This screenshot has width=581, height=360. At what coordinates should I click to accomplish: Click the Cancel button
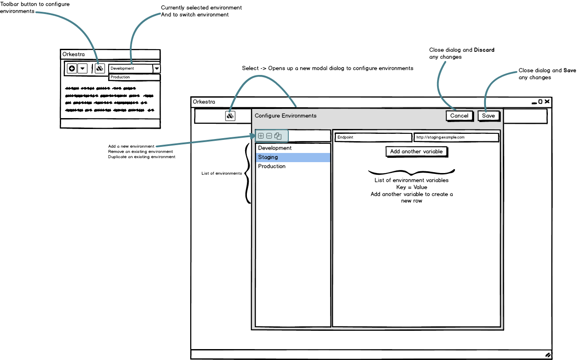459,116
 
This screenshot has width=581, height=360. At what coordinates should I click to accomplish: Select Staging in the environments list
293,157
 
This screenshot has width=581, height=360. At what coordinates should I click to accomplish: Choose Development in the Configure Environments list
293,148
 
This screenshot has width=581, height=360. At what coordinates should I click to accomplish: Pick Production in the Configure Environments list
293,166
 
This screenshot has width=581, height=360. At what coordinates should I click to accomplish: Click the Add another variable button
417,152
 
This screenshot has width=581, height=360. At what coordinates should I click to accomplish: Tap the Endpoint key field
373,137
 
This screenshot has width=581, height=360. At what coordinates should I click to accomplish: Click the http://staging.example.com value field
456,137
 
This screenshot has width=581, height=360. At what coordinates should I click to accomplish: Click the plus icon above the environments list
261,136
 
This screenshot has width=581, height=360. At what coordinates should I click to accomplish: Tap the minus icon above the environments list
269,136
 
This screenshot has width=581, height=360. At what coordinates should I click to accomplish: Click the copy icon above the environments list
278,136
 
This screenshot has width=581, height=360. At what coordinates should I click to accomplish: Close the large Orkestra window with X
547,102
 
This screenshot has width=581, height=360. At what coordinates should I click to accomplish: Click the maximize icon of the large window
540,102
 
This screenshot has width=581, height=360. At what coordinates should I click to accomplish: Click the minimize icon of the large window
534,102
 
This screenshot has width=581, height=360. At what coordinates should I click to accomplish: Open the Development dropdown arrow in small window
157,68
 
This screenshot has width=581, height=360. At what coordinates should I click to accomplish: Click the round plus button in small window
72,68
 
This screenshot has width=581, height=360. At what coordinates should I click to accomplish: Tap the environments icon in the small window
100,68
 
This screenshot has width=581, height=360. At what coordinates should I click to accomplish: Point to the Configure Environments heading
286,116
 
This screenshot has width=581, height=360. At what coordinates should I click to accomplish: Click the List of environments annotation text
222,173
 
